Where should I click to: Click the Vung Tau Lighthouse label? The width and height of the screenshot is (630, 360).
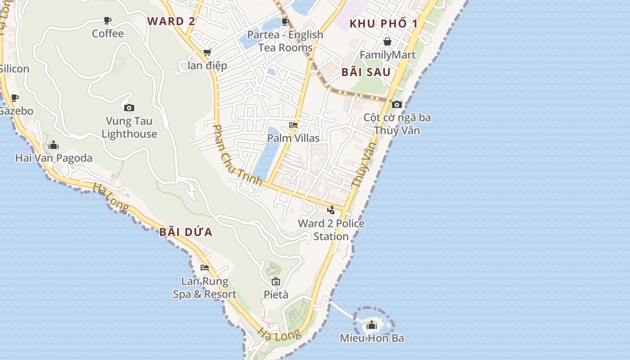(x=129, y=127)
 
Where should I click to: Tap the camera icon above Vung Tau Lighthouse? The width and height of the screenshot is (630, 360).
(x=129, y=108)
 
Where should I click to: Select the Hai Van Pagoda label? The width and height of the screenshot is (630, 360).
(x=54, y=158)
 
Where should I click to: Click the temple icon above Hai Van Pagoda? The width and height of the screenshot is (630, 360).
(x=54, y=145)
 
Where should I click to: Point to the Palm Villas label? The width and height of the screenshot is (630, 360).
(x=293, y=138)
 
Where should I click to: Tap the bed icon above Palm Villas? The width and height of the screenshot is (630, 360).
(x=293, y=125)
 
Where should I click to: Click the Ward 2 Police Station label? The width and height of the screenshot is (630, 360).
(x=331, y=229)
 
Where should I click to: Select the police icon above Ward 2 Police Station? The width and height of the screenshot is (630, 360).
(x=331, y=210)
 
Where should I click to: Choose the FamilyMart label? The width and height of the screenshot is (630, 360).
(x=387, y=55)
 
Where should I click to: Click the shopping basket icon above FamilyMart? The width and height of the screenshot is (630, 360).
(x=387, y=42)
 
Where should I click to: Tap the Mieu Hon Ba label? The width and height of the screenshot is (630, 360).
(x=372, y=338)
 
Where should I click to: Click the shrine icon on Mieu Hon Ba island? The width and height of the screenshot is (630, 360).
(x=372, y=324)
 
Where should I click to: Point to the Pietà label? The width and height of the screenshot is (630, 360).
(x=276, y=295)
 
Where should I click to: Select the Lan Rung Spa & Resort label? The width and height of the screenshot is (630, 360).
(x=205, y=288)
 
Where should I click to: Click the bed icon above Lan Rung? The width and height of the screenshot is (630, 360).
(x=205, y=268)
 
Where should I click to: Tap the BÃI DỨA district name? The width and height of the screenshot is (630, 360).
(x=186, y=232)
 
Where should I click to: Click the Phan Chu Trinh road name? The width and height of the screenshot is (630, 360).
(x=237, y=155)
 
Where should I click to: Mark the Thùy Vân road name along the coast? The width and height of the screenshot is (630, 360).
(x=363, y=165)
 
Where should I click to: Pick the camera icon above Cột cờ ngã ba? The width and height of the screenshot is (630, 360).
(x=396, y=104)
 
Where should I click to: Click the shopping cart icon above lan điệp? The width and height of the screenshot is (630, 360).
(x=207, y=52)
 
